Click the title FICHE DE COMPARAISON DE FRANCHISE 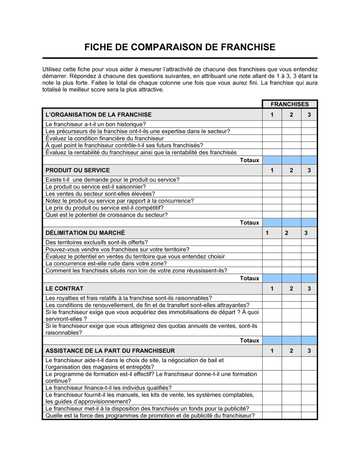coord(180,47)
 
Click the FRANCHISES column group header coord(289,104)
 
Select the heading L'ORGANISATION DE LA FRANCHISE coord(98,115)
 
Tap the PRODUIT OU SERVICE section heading coord(77,170)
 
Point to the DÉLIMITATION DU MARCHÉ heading coord(85,233)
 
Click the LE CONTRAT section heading coord(64,288)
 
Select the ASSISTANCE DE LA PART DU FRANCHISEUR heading coord(110,351)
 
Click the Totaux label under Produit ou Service coord(249,223)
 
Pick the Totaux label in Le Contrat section coord(249,341)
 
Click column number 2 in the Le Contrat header coord(291,288)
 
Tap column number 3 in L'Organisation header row coord(309,115)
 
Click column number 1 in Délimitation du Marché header coord(267,233)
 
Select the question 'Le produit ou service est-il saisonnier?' coord(95,187)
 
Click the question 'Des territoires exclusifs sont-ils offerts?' coord(96,242)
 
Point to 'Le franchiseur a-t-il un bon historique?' coord(95,124)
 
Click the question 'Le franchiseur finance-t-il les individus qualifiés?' coord(108,388)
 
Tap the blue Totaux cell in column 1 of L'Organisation coord(272,160)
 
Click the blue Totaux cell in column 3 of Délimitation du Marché coord(309,278)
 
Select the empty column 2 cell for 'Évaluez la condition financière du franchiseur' coord(291,138)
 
